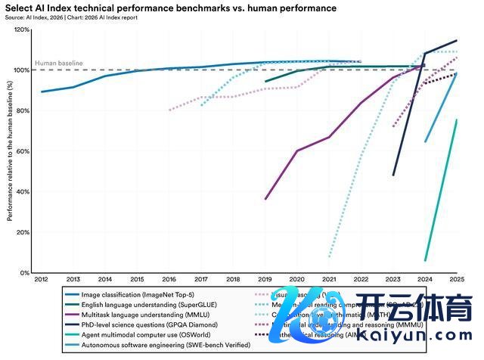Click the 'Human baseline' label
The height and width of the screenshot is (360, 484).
point(59,63)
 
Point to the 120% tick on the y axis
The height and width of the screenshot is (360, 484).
point(22,30)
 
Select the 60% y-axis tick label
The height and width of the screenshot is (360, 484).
point(23,151)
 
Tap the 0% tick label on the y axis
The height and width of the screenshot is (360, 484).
point(25,272)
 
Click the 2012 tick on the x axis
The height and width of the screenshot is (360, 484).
point(42,280)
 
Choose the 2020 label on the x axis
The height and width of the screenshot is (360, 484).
point(296,280)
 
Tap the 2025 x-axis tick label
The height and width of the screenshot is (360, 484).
point(456,280)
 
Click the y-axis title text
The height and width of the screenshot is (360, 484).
point(8,151)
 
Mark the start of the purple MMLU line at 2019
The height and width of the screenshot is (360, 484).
point(265,199)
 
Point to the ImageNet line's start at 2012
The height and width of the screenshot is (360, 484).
point(42,92)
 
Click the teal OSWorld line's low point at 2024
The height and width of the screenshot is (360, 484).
point(425,260)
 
